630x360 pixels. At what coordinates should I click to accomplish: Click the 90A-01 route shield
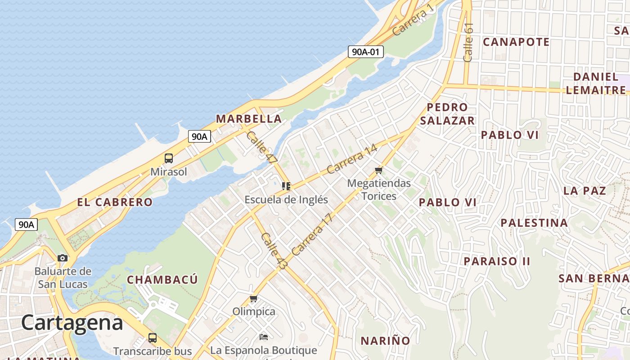point(365,52)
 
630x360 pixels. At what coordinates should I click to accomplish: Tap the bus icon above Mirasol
point(169,158)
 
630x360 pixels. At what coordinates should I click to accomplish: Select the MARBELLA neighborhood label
point(249,119)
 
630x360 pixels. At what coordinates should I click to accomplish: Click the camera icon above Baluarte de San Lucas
point(63,258)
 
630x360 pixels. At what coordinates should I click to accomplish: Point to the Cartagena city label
point(72,323)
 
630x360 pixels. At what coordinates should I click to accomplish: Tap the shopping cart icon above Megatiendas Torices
point(378,170)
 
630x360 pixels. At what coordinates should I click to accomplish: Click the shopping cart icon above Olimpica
point(254,299)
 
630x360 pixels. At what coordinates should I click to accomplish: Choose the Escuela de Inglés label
point(286,199)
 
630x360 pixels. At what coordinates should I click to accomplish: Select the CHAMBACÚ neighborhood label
point(162,279)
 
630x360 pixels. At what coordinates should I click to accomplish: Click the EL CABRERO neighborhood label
point(115,202)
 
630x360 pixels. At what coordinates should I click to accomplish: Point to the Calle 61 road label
point(468,42)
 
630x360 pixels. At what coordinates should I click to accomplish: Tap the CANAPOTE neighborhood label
point(516,42)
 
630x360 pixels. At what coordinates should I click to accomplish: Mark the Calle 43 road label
point(274,252)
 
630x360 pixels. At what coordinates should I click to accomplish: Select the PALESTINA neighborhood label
point(534,223)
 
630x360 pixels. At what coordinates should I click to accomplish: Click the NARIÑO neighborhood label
point(385,341)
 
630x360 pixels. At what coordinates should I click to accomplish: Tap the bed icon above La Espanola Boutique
point(264,337)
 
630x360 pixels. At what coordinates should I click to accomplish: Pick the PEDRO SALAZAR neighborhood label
point(447,114)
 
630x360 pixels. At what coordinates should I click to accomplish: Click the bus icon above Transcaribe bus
point(153,338)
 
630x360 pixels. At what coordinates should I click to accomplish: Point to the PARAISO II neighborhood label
point(497,261)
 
